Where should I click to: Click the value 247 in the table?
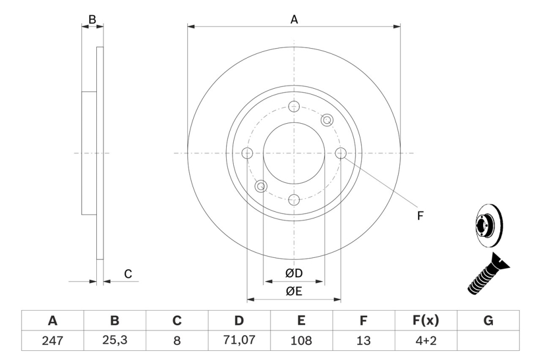point(52,341)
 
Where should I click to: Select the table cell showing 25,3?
point(114,341)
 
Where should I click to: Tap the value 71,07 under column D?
point(239,341)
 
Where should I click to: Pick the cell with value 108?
point(301,341)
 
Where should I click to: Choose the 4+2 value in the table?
point(426,341)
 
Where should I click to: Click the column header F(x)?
point(426,321)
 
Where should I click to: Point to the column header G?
point(488,321)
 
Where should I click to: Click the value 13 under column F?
point(364,341)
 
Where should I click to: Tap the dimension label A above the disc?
point(294,19)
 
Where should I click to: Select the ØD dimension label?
point(294,274)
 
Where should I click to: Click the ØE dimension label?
point(294,292)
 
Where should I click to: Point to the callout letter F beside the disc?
point(420,216)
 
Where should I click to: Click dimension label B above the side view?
point(92,19)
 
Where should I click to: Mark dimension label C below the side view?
point(128,274)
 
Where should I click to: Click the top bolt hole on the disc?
point(294,106)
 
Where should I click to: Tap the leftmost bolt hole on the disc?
point(247,154)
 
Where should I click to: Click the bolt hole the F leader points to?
point(341,154)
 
